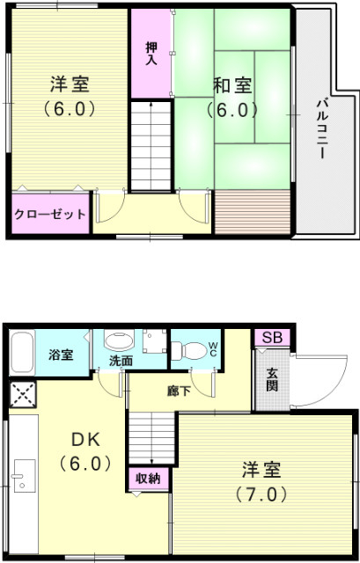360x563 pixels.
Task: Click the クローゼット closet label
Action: [x=50, y=214]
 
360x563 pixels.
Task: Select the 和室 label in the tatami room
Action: [x=232, y=86]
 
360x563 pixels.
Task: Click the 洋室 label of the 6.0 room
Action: [x=70, y=85]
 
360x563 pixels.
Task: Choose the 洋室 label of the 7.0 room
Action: [x=261, y=468]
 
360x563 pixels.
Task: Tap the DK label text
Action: [x=84, y=437]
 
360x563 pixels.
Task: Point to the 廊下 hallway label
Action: [x=178, y=391]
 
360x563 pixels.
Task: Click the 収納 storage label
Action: [x=147, y=478]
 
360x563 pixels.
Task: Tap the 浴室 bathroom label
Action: [x=61, y=355]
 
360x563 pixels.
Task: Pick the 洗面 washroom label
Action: [x=121, y=361]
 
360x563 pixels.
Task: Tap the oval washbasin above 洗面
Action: [x=118, y=340]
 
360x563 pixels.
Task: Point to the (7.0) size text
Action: [x=261, y=494]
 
